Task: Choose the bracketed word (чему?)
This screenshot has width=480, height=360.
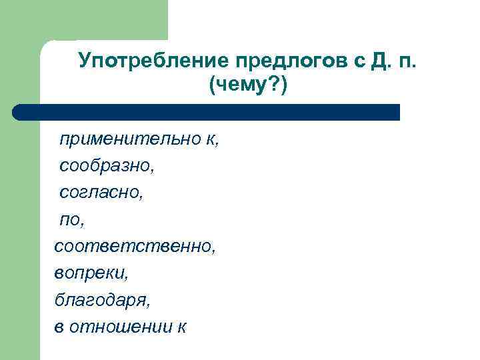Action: coord(248,85)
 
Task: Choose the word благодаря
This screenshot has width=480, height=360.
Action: coord(102,301)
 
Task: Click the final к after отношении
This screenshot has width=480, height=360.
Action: coord(183,327)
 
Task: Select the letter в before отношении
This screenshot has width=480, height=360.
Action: coord(59,327)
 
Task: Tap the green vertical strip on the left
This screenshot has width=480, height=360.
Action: coord(20,233)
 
